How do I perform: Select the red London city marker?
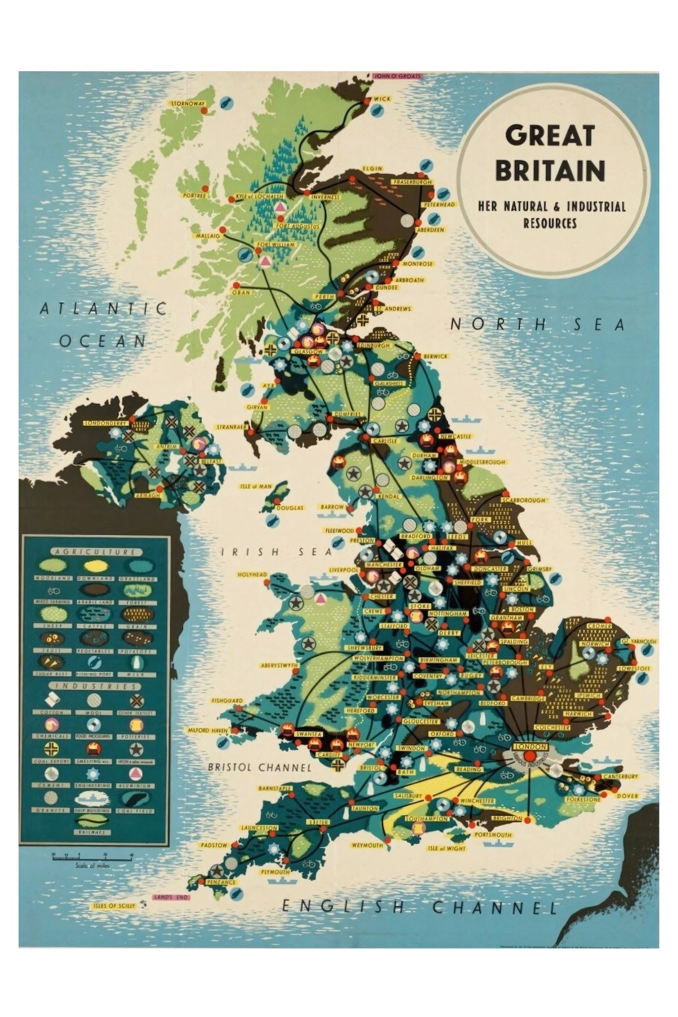pyautogui.click(x=529, y=755)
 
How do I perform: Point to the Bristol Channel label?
pyautogui.click(x=259, y=767)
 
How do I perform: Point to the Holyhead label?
pyautogui.click(x=252, y=575)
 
